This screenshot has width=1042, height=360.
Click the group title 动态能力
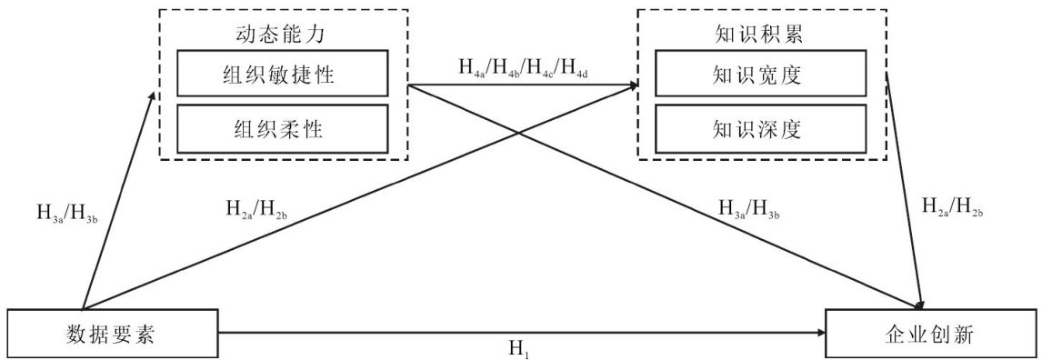[x=283, y=35]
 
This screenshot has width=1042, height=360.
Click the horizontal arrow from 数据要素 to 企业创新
[x=522, y=333]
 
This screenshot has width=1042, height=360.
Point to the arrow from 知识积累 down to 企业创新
[x=905, y=191]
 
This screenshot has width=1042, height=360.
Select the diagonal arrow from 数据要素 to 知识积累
[x=360, y=197]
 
